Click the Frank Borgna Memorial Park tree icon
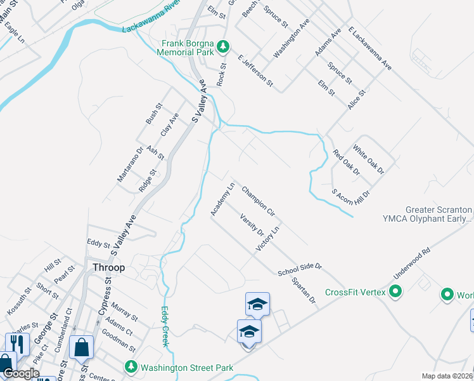click(222, 46)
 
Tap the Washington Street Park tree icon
click(131, 367)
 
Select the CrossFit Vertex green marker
click(395, 292)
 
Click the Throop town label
click(108, 267)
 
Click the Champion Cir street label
click(257, 200)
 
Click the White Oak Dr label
click(368, 160)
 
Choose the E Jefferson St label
click(255, 70)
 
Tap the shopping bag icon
click(82, 347)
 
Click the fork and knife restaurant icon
click(18, 344)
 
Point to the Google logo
click(20, 373)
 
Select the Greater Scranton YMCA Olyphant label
click(439, 214)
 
